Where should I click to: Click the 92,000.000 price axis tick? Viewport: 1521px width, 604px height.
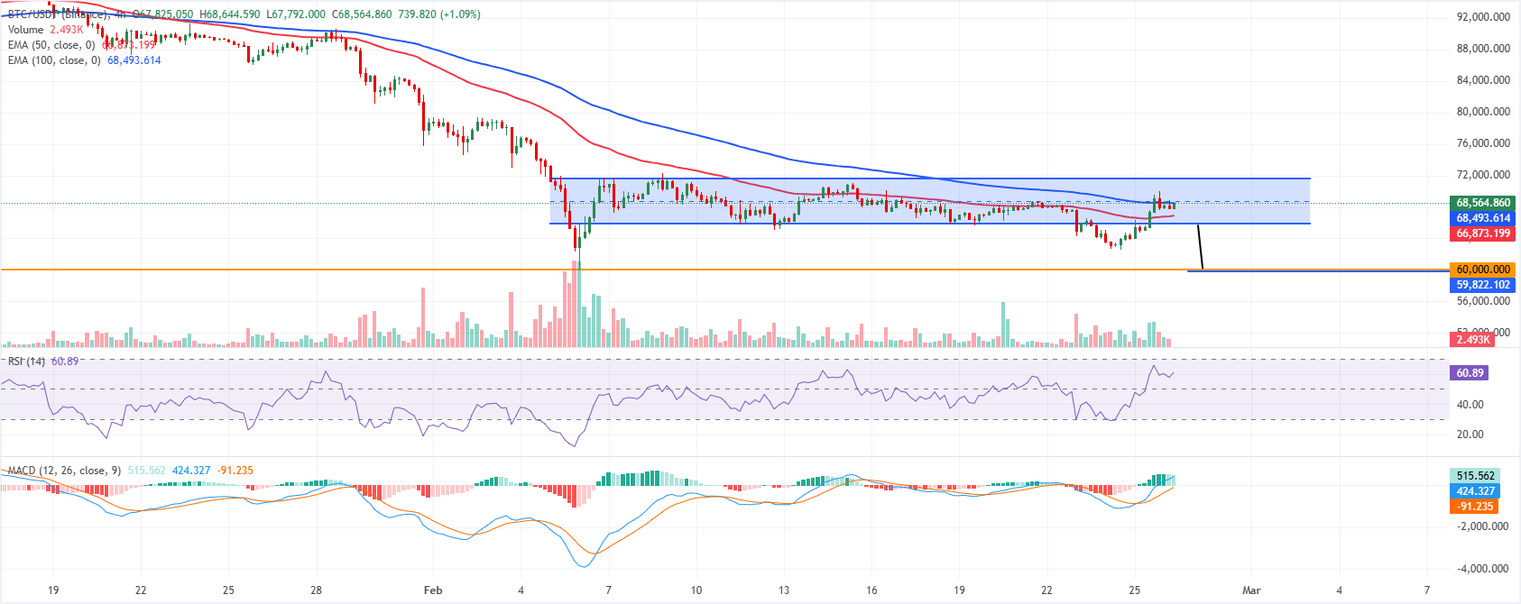[x=1483, y=17]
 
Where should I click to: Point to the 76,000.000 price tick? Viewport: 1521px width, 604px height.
[x=1483, y=143]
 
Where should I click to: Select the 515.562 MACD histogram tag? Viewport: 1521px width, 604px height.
[x=1475, y=476]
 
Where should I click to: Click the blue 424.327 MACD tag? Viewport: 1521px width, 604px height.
[x=1475, y=491]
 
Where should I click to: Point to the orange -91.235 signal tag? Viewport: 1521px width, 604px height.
[x=1475, y=507]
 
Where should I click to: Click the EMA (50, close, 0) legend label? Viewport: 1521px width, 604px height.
[x=51, y=45]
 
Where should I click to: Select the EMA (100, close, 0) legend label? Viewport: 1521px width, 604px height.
[x=54, y=60]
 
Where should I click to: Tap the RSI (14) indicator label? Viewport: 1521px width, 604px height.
[x=26, y=361]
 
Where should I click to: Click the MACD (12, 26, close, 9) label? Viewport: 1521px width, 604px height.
[x=64, y=471]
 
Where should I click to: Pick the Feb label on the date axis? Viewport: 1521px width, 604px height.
[x=433, y=590]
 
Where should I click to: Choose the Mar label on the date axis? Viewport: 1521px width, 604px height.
[x=1251, y=590]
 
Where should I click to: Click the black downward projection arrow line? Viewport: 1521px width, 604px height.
[x=1200, y=246]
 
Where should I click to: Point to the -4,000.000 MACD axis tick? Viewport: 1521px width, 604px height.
[x=1483, y=569]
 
